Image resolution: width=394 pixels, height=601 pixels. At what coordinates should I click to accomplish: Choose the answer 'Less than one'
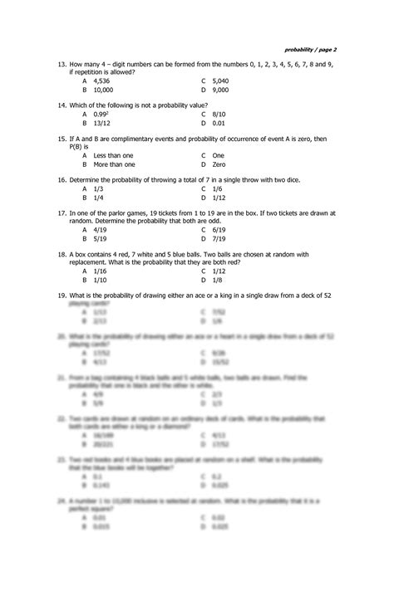(x=113, y=155)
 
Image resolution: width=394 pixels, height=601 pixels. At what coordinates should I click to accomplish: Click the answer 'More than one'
(x=114, y=164)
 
